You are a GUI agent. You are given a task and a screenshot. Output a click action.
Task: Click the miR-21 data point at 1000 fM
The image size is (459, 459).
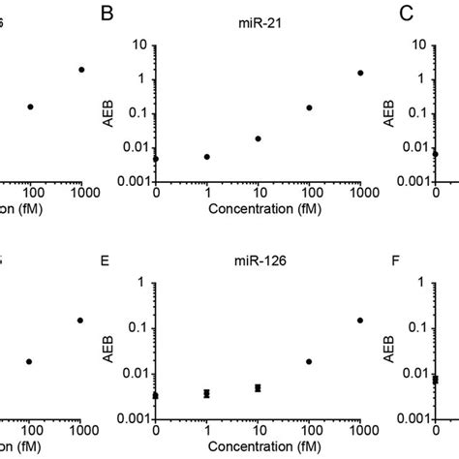pos(361,74)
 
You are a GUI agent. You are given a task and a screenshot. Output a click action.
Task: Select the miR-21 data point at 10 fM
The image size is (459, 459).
pos(258,138)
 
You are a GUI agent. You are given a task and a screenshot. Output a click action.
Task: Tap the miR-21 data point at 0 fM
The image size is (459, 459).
pos(157,158)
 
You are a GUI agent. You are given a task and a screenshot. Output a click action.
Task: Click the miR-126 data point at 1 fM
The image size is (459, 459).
pos(207,393)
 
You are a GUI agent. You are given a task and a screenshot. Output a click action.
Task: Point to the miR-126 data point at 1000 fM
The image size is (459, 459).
pos(361,320)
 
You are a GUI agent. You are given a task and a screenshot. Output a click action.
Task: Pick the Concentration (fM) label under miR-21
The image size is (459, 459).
pos(259,211)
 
